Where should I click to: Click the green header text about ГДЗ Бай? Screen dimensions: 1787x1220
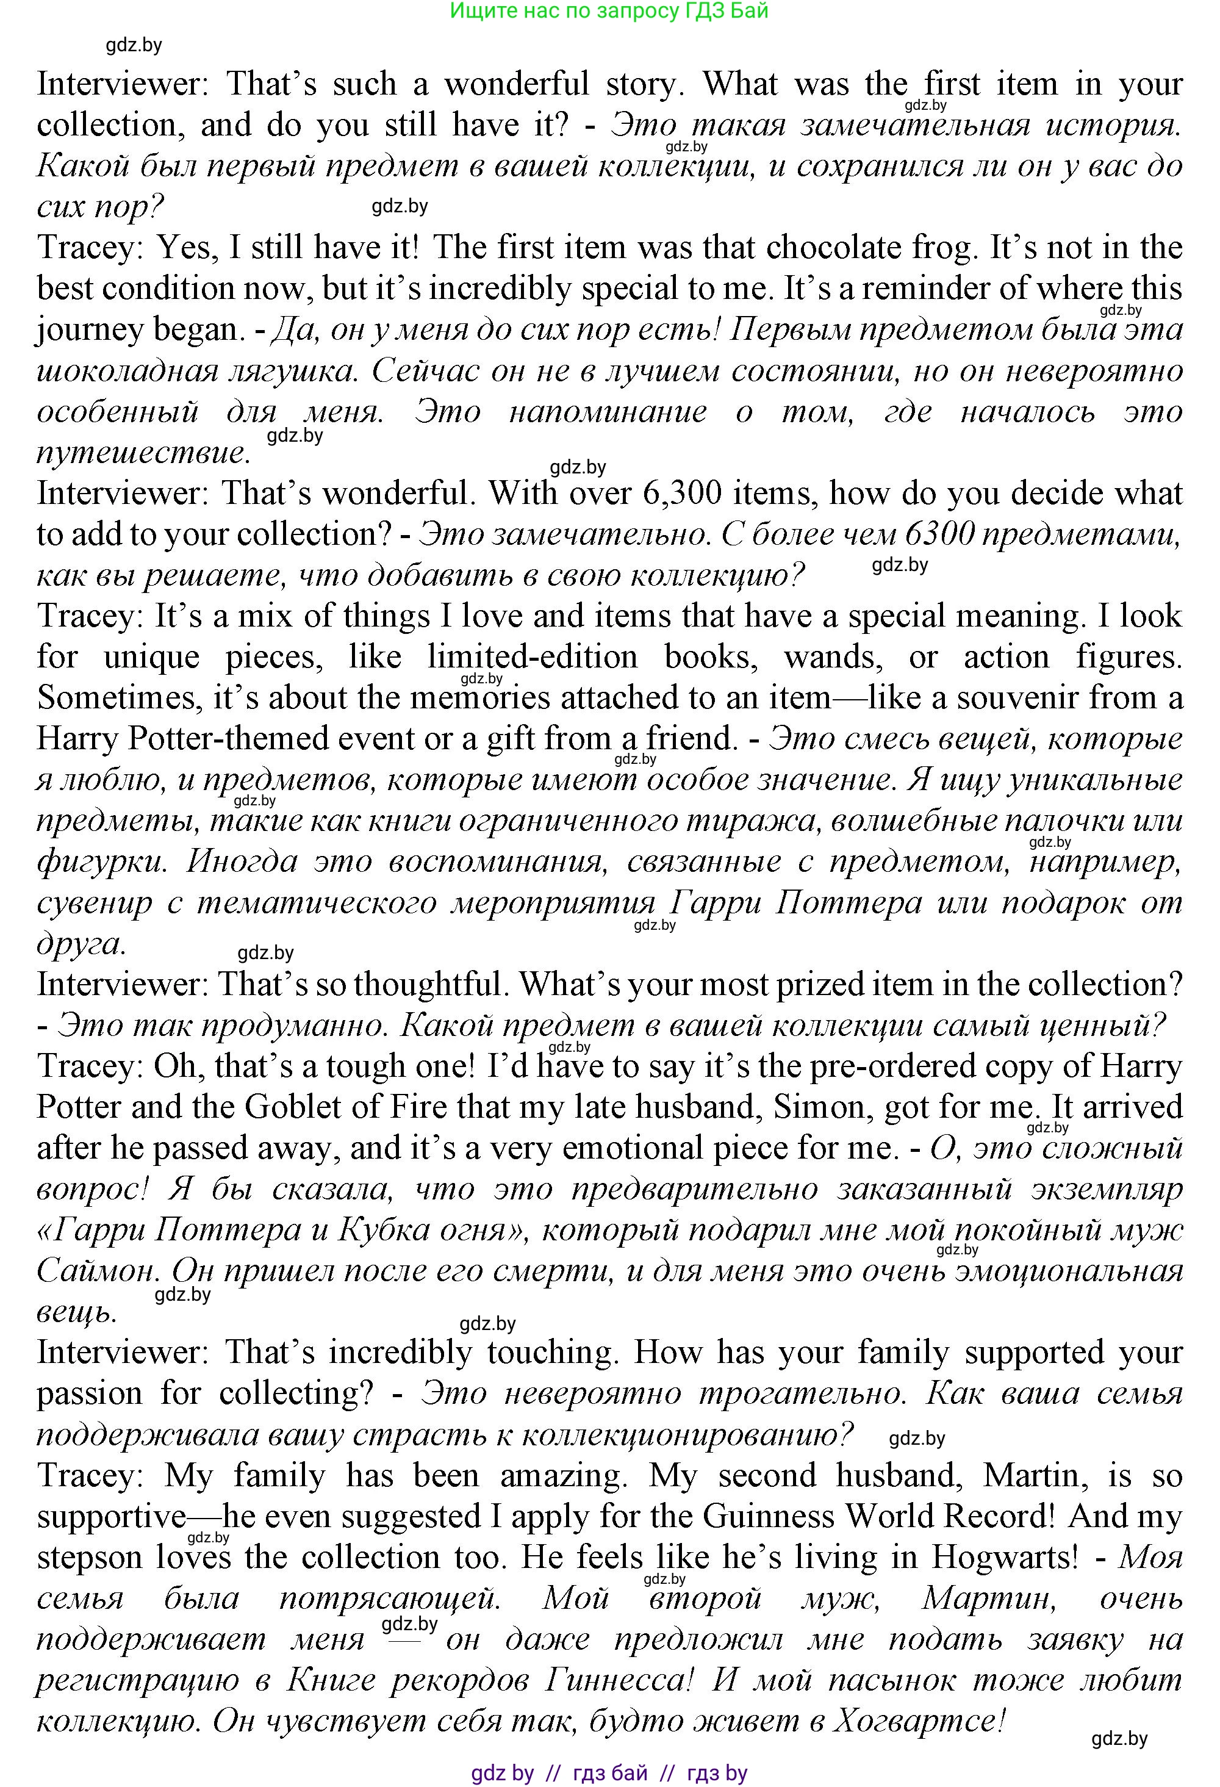tap(609, 11)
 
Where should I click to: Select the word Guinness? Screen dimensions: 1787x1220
tap(769, 1516)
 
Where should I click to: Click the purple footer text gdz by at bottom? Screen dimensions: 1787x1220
tap(502, 1773)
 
